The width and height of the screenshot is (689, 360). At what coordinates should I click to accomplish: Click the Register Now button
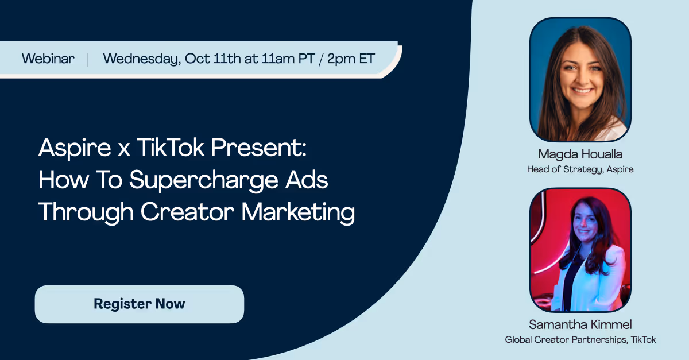(x=140, y=304)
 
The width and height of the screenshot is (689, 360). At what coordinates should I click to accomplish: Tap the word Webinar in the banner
(x=48, y=59)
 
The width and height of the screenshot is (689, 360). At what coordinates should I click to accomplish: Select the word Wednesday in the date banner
(x=142, y=59)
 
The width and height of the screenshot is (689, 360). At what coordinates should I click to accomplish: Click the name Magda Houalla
(x=580, y=154)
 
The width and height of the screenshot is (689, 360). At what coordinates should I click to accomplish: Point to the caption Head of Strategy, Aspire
(x=580, y=169)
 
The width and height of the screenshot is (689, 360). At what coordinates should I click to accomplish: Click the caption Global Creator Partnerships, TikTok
(x=580, y=340)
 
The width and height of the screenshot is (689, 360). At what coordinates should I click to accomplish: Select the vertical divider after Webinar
(x=87, y=59)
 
